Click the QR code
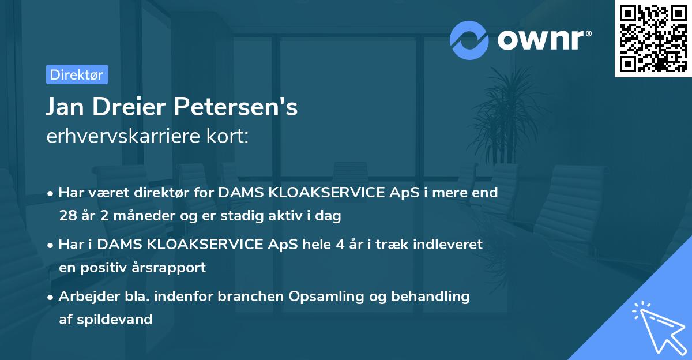(x=653, y=38)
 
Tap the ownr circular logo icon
(x=469, y=40)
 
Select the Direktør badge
(x=77, y=74)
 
